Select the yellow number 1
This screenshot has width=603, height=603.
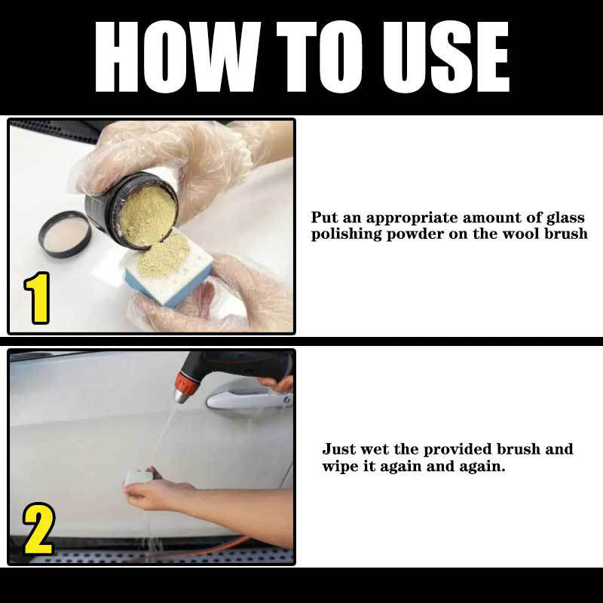(36, 299)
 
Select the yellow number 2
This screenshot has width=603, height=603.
(38, 530)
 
